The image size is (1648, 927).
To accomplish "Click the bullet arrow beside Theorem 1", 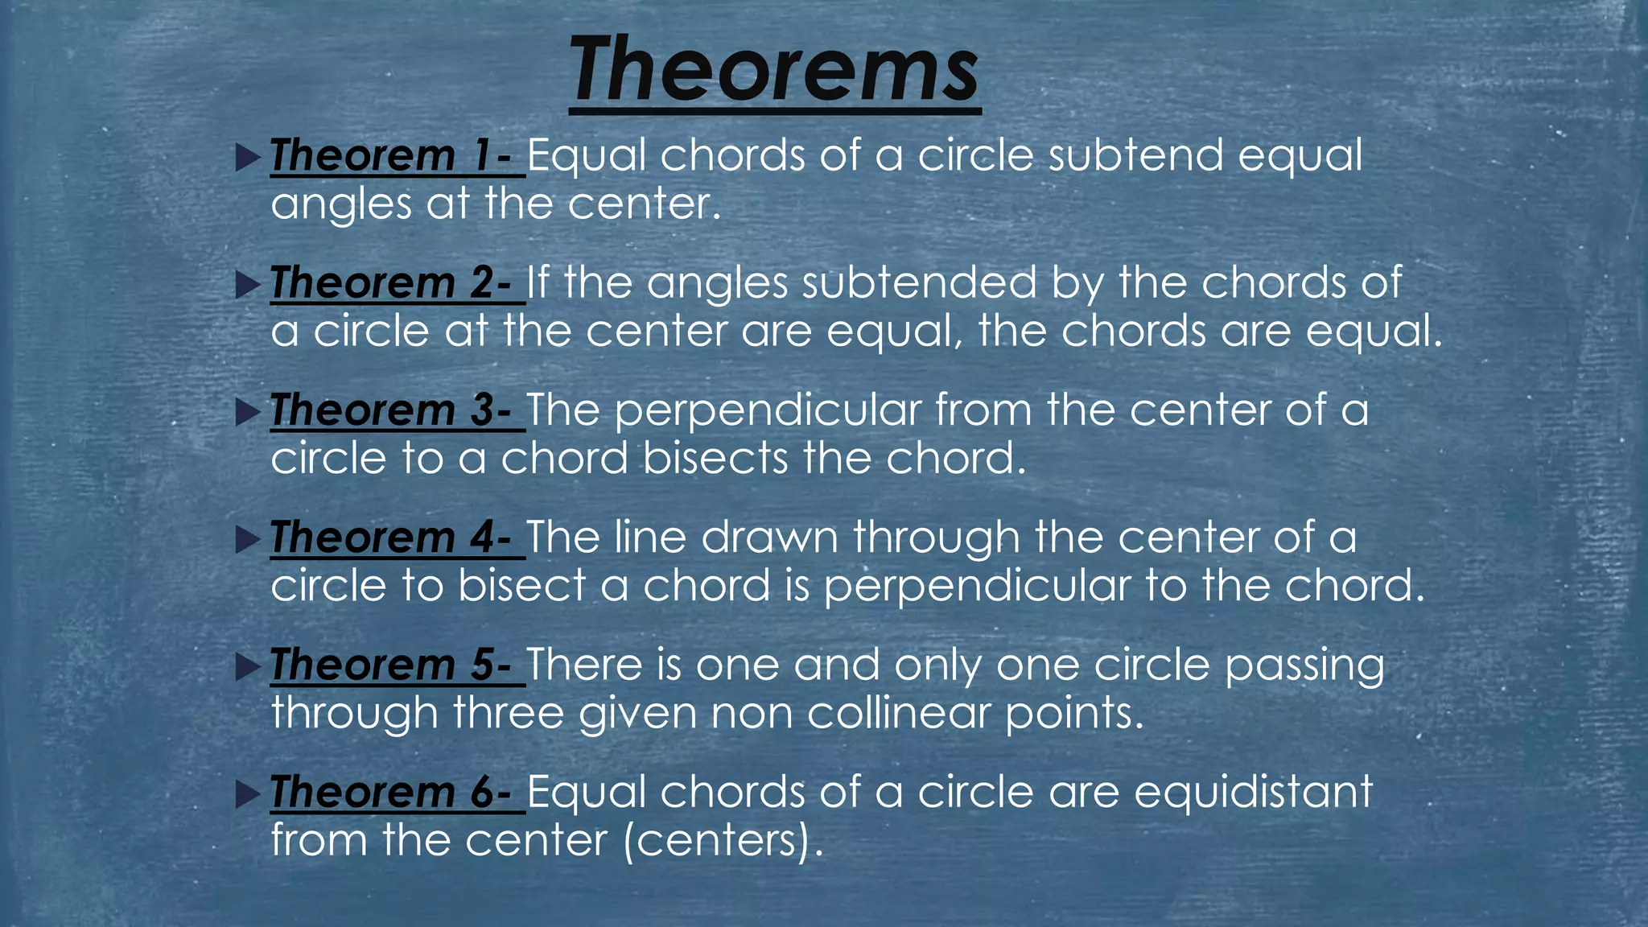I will [x=249, y=157].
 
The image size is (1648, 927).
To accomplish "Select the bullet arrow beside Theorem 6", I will [x=249, y=794].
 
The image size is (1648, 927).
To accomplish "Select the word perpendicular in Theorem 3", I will [x=768, y=412].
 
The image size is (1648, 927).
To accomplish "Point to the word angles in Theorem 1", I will [x=341, y=204].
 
